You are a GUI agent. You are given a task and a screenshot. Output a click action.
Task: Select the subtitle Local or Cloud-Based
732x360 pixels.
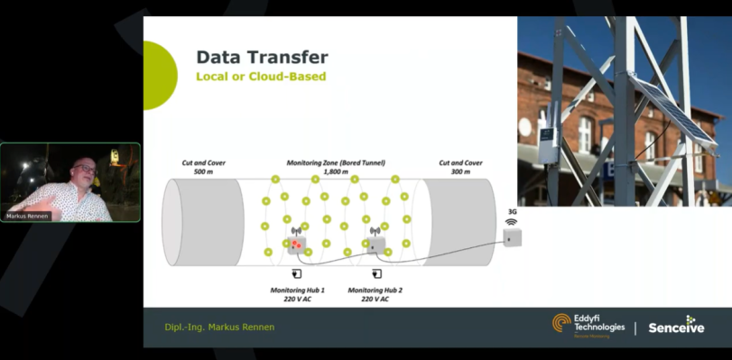point(261,77)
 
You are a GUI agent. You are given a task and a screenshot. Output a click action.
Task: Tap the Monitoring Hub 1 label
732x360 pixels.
point(298,294)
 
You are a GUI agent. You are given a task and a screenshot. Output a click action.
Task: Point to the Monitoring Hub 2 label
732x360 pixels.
point(375,294)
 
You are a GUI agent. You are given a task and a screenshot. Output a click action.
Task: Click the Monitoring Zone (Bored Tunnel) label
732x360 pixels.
point(336,167)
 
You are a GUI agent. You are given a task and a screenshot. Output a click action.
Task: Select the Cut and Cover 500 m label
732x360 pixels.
point(203,167)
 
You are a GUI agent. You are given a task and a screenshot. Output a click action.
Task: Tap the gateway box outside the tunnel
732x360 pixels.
point(513,237)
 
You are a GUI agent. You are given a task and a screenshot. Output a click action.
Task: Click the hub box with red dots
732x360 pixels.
point(296,243)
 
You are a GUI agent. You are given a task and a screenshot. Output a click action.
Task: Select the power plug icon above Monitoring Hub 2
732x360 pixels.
point(376,273)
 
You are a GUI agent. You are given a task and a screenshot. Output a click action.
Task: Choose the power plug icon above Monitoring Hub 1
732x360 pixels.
point(297,273)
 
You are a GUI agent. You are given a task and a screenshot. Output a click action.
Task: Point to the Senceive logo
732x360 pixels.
point(677,327)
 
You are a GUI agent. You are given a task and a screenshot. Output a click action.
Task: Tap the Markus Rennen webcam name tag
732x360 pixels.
point(28,217)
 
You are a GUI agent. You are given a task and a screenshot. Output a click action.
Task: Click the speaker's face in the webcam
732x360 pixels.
point(84,171)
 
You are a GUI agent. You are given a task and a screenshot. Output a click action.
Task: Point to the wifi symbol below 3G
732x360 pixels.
point(511,221)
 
